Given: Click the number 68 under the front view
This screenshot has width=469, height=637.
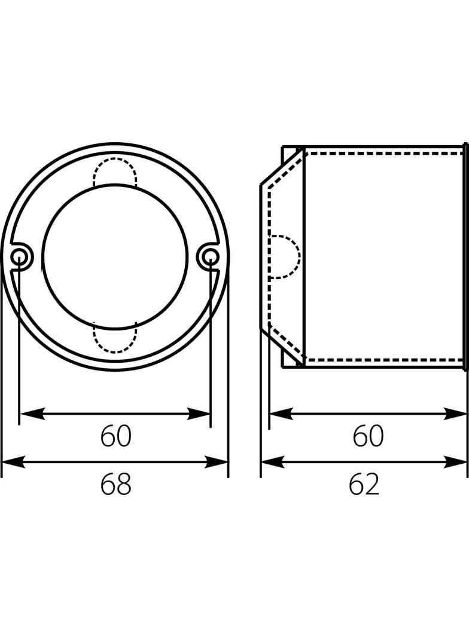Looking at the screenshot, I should [x=115, y=485].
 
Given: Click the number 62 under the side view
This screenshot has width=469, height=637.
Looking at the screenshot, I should [x=364, y=485].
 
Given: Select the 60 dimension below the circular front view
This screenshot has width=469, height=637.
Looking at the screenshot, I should [x=115, y=437].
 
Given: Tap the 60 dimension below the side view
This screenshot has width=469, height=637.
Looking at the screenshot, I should [x=367, y=437].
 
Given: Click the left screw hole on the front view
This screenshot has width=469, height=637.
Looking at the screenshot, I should [x=19, y=258].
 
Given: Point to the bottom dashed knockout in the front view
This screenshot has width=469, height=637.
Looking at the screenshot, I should [x=115, y=338].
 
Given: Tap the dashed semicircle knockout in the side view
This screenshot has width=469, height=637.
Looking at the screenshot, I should [x=284, y=257].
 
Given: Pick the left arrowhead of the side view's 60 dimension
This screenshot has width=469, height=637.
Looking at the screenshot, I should [x=280, y=413].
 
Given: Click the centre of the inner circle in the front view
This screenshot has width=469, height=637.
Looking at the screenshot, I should [x=115, y=257].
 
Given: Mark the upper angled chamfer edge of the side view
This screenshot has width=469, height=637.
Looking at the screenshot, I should [x=282, y=167].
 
